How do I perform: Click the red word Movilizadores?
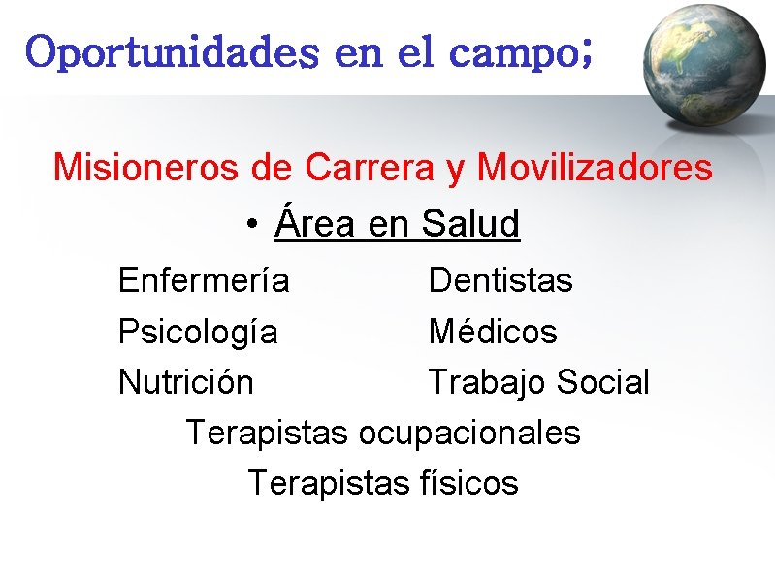click(595, 168)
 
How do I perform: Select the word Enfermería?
click(204, 281)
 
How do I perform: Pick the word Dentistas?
click(501, 281)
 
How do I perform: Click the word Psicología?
click(198, 333)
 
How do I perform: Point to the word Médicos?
click(493, 332)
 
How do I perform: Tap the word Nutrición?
click(185, 382)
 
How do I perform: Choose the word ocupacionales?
click(468, 433)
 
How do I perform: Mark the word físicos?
click(470, 483)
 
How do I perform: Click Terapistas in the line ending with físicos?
click(330, 483)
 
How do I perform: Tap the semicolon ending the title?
click(583, 58)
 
